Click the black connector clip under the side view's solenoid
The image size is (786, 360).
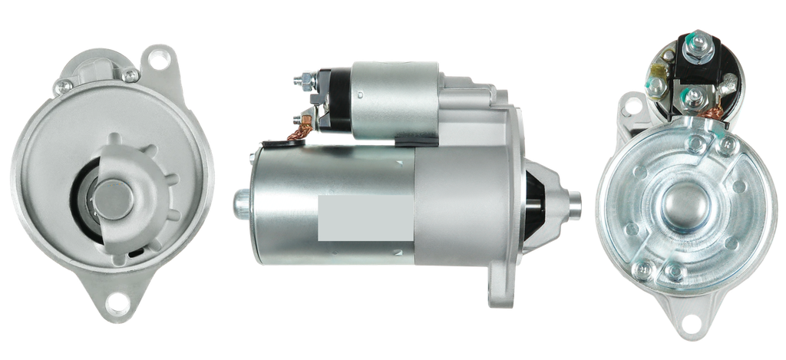[407, 140]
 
